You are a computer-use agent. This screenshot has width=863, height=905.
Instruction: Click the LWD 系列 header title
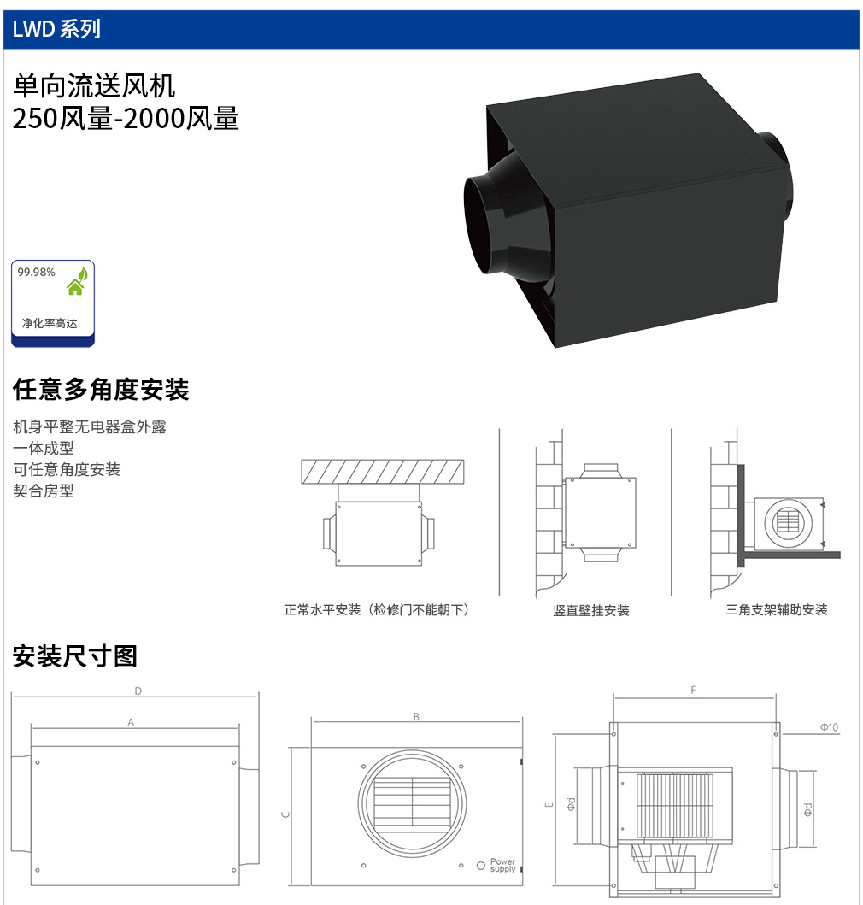(x=56, y=29)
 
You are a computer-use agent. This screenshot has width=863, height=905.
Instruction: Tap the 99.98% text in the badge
(x=37, y=273)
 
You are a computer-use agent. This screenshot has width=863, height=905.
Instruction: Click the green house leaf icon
(x=77, y=281)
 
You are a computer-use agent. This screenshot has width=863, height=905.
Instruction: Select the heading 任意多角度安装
(x=101, y=389)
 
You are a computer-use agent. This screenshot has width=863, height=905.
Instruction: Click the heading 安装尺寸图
(x=75, y=656)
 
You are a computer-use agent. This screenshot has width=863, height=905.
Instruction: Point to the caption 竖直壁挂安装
(x=591, y=610)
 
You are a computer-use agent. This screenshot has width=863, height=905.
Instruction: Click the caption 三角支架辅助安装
(x=777, y=609)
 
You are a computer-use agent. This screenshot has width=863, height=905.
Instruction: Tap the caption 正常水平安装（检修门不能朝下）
(x=376, y=609)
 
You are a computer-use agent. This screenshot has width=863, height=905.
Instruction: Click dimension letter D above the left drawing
(x=138, y=691)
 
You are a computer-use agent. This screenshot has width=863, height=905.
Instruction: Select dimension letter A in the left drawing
(x=131, y=722)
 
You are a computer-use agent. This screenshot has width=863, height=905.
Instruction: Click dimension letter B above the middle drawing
(x=416, y=717)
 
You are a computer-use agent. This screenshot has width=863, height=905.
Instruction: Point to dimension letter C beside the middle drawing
(x=285, y=814)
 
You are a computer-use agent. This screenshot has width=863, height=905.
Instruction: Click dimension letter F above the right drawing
(x=693, y=690)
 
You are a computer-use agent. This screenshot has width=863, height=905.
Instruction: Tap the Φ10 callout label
(x=830, y=727)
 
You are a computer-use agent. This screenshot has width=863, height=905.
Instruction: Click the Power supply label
(x=502, y=865)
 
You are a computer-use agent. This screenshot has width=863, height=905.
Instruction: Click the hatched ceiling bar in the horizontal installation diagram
(x=383, y=472)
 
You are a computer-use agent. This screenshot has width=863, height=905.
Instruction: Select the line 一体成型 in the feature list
(x=44, y=448)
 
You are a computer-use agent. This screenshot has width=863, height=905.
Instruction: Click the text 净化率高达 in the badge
(x=50, y=323)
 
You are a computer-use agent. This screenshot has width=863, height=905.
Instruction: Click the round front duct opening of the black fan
(x=484, y=225)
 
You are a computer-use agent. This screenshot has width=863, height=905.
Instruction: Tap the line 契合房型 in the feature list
(x=44, y=491)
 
